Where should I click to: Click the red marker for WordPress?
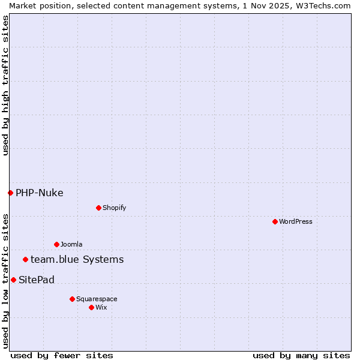coord(275,221)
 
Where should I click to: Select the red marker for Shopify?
coord(98,208)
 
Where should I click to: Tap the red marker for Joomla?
coord(56,244)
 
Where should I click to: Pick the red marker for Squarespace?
coord(72,299)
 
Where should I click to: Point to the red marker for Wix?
coord(91,307)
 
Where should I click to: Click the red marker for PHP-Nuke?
coord(10,193)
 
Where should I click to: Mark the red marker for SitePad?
coord(13,280)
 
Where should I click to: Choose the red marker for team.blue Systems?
coord(25,259)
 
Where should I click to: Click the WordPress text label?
coord(296,221)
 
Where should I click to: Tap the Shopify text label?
coord(114,208)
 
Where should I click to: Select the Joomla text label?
coord(71,244)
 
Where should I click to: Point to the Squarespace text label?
coord(97,299)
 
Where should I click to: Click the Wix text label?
coord(101,307)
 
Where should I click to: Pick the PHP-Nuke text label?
coord(40,193)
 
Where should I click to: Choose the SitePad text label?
coord(37,280)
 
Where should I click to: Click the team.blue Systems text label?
coord(77,259)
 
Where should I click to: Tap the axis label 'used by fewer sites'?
coord(62,355)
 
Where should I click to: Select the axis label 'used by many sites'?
coord(301,355)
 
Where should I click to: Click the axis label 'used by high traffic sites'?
coord(5,85)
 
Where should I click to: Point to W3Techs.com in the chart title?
coord(322,5)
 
